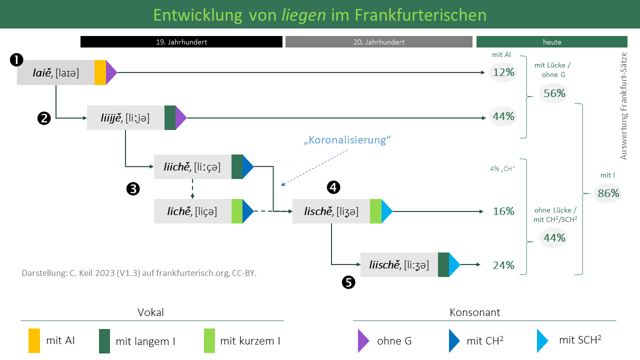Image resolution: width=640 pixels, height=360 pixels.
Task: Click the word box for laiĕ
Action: click(56, 72)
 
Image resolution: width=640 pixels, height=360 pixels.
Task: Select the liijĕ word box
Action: click(126, 118)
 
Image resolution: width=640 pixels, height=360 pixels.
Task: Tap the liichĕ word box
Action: click(192, 167)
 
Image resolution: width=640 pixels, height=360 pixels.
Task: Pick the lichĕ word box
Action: click(192, 211)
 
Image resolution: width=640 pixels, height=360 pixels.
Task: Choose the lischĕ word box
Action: click(331, 211)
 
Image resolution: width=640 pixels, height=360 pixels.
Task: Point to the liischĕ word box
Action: click(399, 265)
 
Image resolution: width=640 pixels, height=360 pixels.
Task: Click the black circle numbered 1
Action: click(16, 60)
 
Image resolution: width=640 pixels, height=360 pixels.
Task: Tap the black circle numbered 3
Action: click(133, 188)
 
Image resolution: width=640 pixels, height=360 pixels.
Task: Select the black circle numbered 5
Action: click(348, 282)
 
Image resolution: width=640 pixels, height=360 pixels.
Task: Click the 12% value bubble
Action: click(503, 72)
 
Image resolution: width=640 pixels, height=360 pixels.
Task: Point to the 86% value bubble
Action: click(608, 193)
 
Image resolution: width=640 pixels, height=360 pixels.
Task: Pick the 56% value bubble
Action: click(554, 93)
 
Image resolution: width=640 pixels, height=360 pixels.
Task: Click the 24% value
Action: click(503, 265)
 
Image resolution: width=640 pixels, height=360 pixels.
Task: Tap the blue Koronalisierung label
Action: click(346, 140)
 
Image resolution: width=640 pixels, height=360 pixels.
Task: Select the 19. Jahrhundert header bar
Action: click(181, 42)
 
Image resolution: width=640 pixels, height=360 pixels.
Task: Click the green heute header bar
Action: click(552, 42)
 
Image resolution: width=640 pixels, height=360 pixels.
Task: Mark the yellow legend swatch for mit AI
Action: click(34, 340)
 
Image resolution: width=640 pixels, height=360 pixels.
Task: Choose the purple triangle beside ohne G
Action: click(363, 340)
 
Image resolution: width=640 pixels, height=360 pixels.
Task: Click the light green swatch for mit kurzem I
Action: click(209, 340)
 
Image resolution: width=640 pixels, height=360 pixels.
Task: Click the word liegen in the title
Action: click(303, 14)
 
